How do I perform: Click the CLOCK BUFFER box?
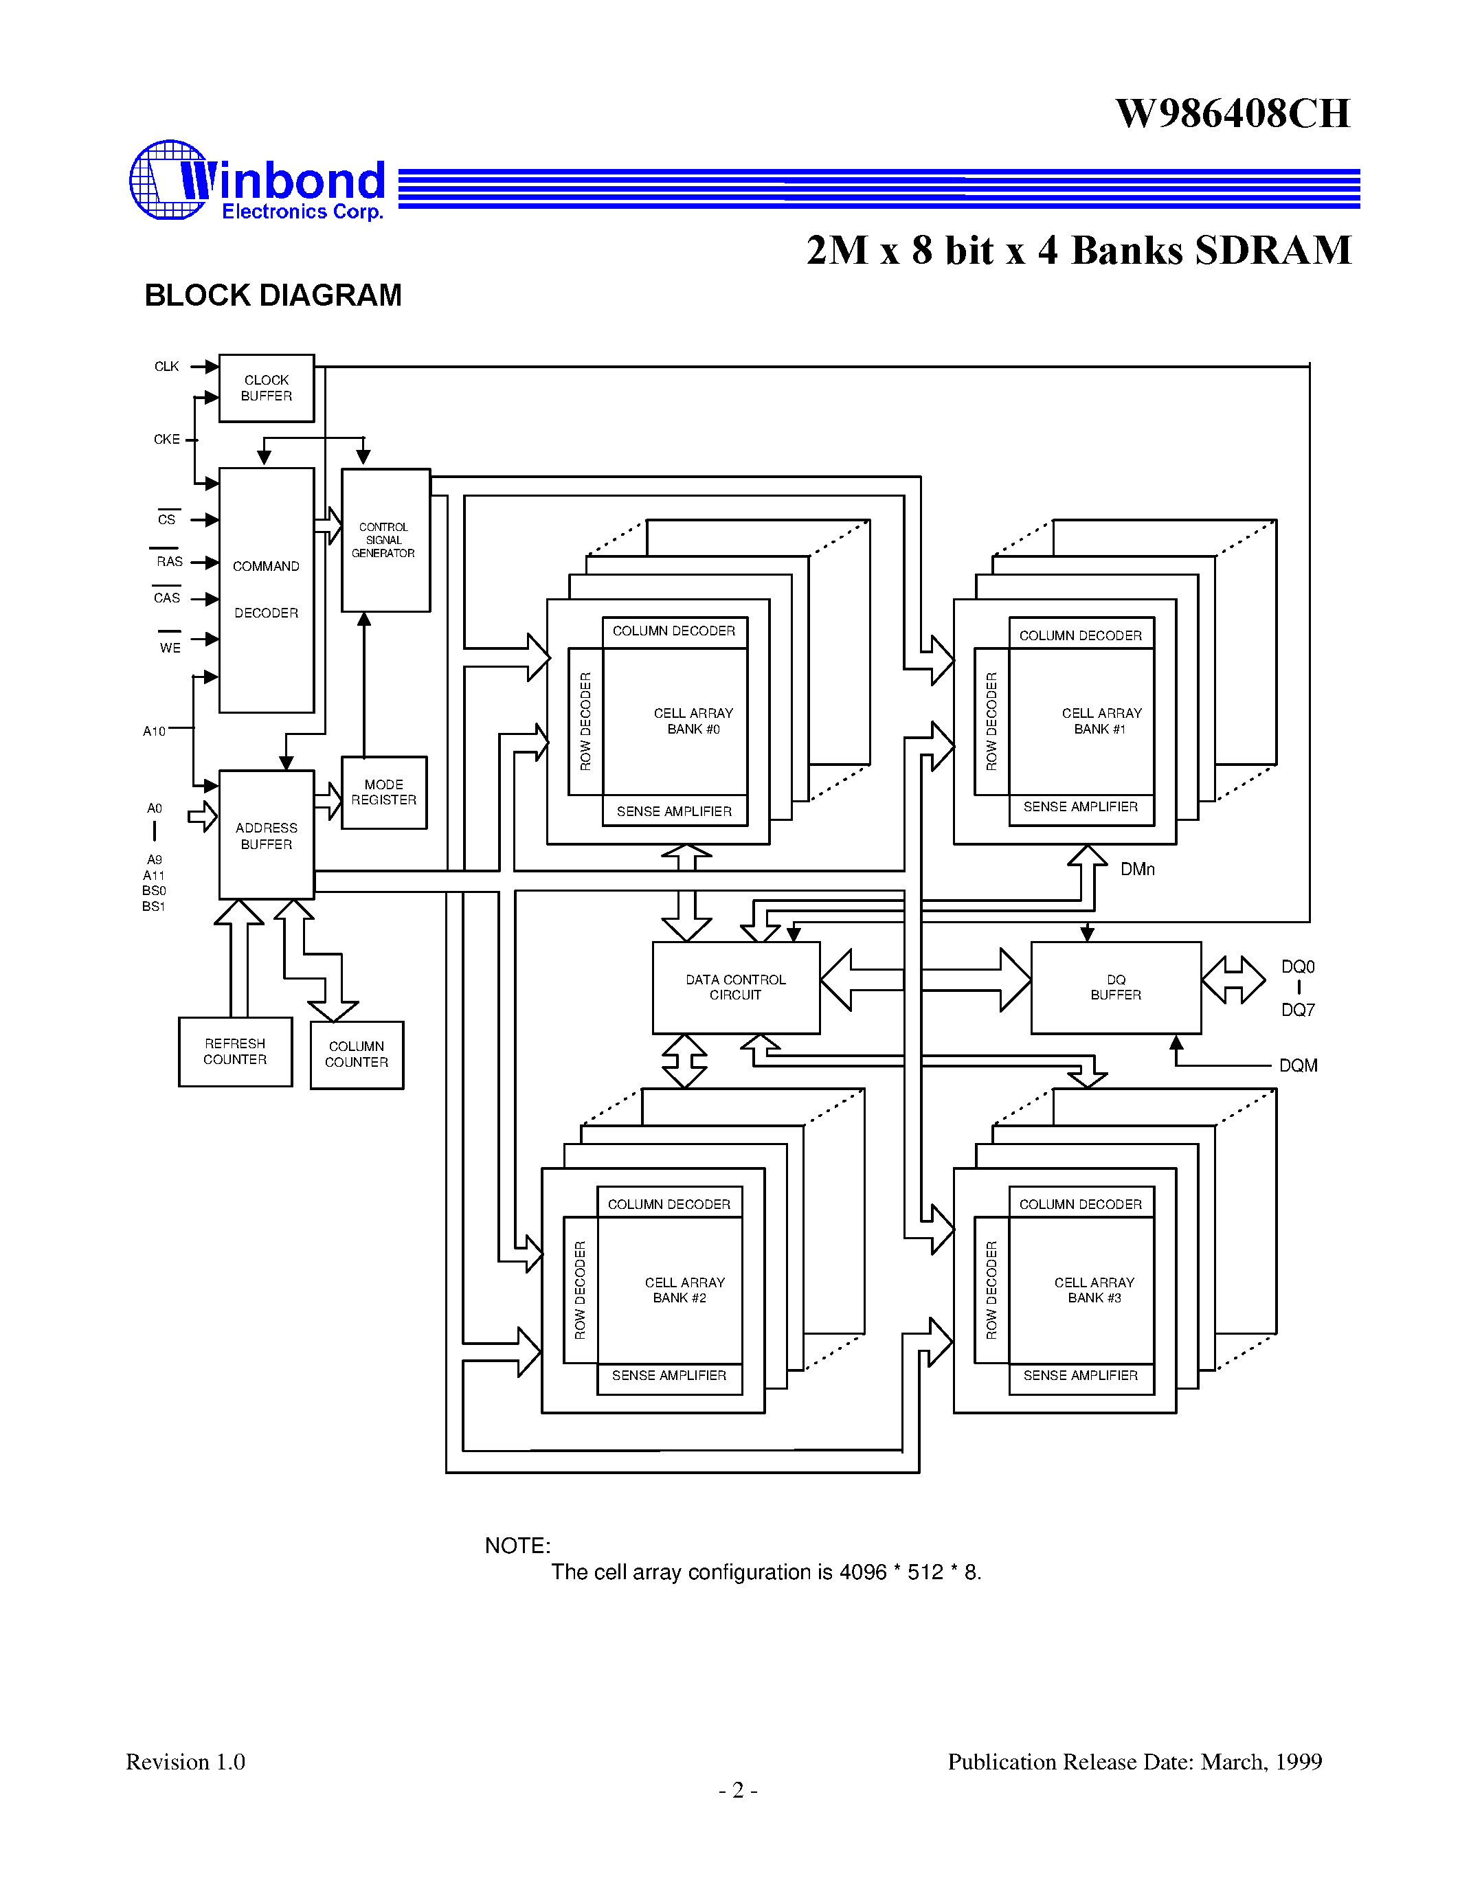(x=267, y=388)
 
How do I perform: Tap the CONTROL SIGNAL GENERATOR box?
(x=385, y=540)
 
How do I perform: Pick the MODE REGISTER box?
(x=384, y=792)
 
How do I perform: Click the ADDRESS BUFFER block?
(x=267, y=835)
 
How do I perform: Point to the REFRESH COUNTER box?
(x=235, y=1052)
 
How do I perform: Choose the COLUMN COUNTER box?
(x=357, y=1054)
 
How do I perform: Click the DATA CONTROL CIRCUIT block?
(x=736, y=988)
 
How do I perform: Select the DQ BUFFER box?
(x=1116, y=988)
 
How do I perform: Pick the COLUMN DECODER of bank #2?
(x=669, y=1204)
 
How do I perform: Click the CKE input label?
(x=167, y=440)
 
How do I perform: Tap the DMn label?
(x=1137, y=869)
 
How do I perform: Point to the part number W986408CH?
(x=1233, y=114)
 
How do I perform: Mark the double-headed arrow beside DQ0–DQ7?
(x=1233, y=980)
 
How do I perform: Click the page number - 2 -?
(x=738, y=1789)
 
